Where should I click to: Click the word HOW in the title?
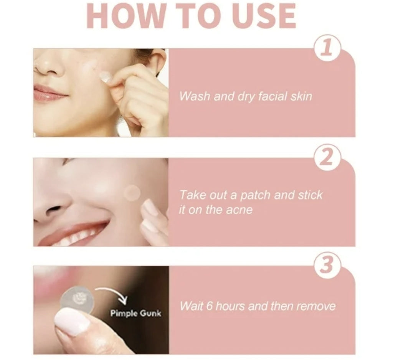[125, 15]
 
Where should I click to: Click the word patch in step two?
[255, 195]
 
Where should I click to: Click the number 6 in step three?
[210, 306]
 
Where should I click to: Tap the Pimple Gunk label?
[136, 314]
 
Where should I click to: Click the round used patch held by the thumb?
[77, 301]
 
